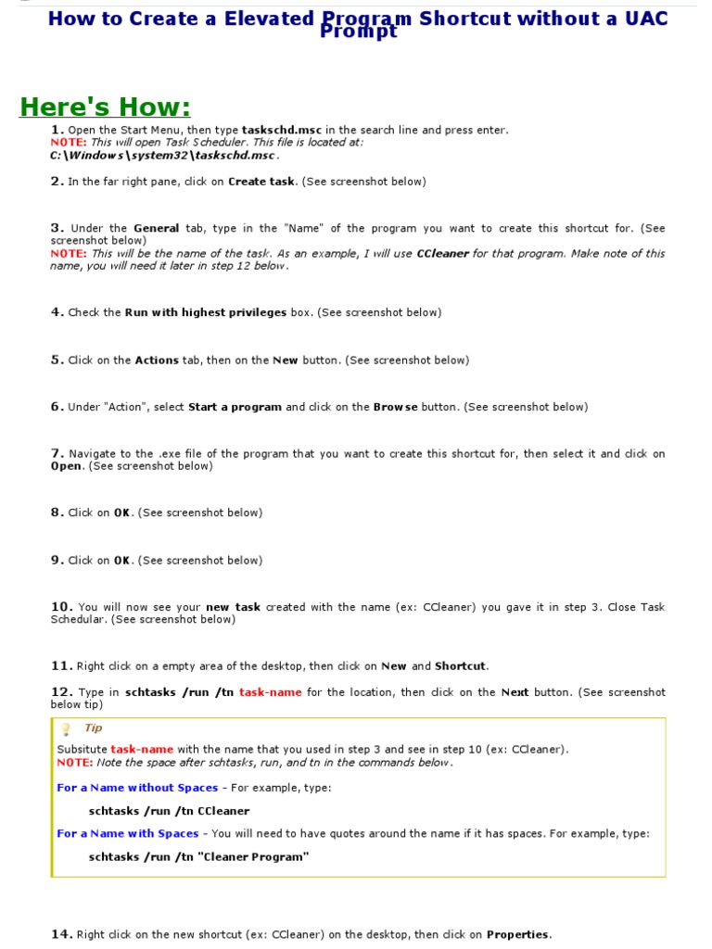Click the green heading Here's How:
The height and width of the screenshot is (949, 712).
(x=105, y=108)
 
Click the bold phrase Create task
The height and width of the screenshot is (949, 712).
(x=261, y=182)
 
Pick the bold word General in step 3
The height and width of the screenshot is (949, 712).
(x=156, y=228)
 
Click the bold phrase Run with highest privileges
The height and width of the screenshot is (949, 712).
(x=206, y=312)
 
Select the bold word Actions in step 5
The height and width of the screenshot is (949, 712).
(x=157, y=361)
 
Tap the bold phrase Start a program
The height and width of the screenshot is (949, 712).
(x=235, y=407)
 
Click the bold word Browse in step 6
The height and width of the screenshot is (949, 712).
(x=395, y=407)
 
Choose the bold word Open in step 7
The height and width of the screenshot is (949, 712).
(x=66, y=466)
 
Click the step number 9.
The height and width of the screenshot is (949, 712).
(x=57, y=560)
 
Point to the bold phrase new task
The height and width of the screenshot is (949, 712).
(x=233, y=607)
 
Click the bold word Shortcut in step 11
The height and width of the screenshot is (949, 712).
(x=460, y=665)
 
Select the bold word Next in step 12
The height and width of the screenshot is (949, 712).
(x=515, y=692)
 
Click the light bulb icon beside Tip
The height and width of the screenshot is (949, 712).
(x=66, y=729)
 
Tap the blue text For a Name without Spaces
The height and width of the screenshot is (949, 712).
(x=137, y=788)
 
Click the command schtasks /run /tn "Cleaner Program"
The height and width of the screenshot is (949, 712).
(x=198, y=857)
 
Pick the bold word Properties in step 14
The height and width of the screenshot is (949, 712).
(x=518, y=934)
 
